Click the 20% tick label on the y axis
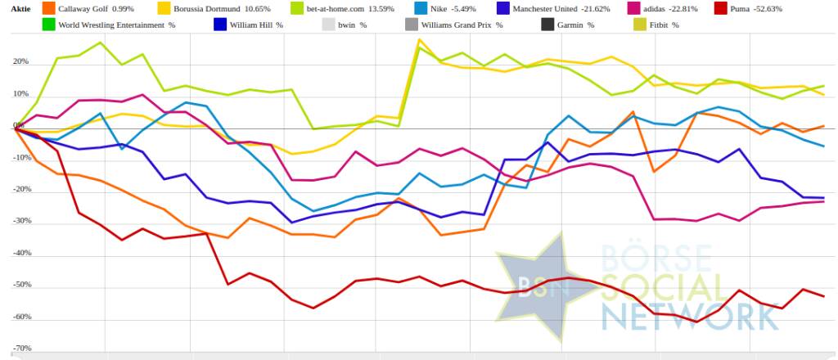(x=20, y=62)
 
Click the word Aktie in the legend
(x=19, y=9)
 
